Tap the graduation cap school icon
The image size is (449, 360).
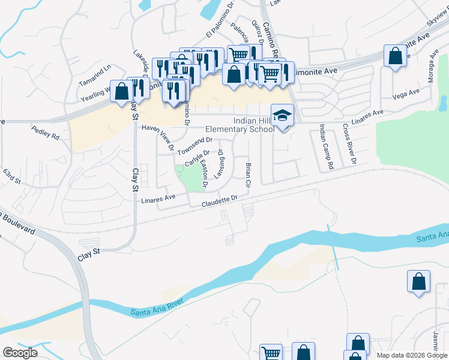click(x=282, y=115)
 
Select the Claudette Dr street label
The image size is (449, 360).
click(x=220, y=200)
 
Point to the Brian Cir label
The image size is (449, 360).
click(x=247, y=174)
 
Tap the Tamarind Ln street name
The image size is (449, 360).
click(x=95, y=70)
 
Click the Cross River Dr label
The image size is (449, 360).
click(x=349, y=145)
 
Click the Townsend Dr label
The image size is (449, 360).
click(x=194, y=144)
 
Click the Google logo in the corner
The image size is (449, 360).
click(x=20, y=353)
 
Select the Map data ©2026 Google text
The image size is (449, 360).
click(x=412, y=355)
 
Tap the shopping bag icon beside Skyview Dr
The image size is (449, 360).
click(x=396, y=56)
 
